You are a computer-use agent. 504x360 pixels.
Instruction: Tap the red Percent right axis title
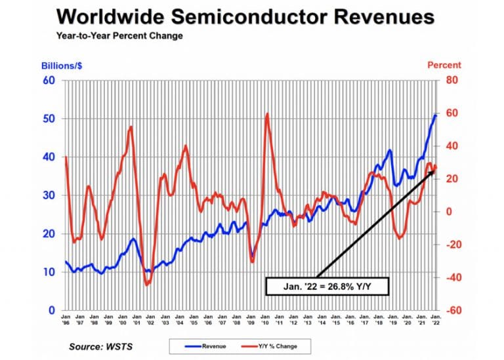[444, 65]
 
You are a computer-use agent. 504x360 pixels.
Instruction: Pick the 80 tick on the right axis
[452, 81]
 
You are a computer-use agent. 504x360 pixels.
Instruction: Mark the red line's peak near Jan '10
[267, 114]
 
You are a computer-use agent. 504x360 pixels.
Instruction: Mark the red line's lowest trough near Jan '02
[146, 285]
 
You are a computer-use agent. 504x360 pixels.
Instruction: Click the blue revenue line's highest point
[436, 115]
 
